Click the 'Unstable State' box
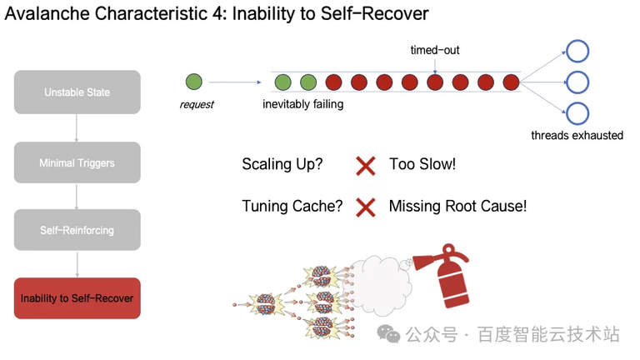click(77, 92)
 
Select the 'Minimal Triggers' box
click(77, 162)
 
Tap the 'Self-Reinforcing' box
click(77, 230)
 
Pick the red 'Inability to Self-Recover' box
click(77, 298)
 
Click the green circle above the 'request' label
click(194, 82)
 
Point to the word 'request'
click(197, 104)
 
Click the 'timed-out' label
click(434, 50)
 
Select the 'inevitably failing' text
click(302, 104)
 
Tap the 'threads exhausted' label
click(577, 135)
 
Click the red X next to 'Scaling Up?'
click(365, 165)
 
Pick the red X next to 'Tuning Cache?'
click(365, 207)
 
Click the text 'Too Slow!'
click(422, 164)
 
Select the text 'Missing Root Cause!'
click(457, 206)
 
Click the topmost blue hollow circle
click(577, 51)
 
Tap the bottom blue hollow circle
click(577, 113)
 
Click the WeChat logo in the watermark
click(388, 334)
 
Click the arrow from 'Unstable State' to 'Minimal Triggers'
click(77, 127)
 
